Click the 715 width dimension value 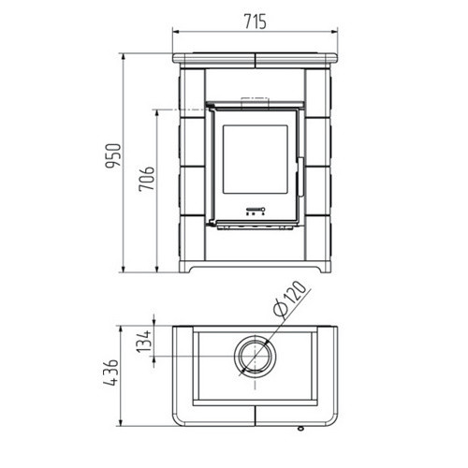click(256, 22)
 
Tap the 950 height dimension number click(113, 156)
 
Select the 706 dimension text click(147, 179)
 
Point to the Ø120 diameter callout click(289, 299)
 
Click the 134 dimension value click(144, 342)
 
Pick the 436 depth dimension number click(111, 373)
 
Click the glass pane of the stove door click(255, 159)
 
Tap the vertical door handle click(300, 177)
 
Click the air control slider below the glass click(256, 209)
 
